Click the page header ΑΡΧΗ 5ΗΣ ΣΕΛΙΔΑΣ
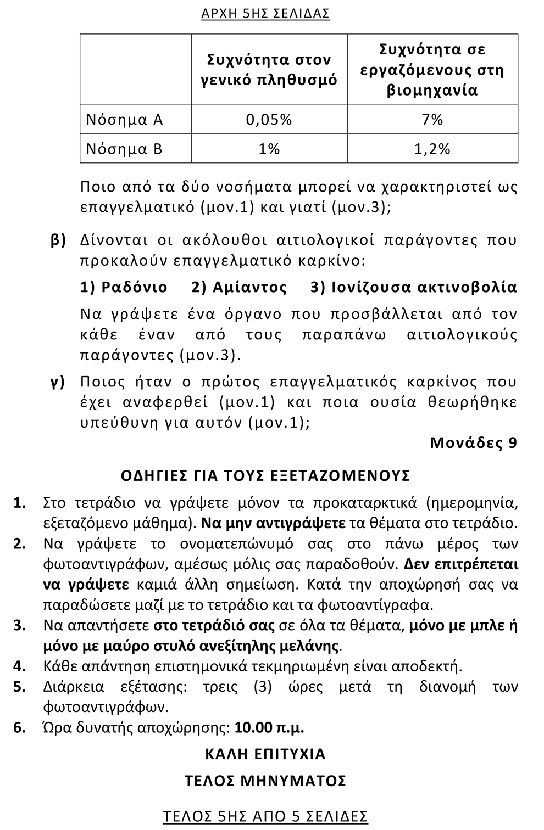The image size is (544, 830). click(265, 14)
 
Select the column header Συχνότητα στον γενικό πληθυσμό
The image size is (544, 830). click(269, 70)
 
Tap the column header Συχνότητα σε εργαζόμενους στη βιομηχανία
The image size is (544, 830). click(432, 70)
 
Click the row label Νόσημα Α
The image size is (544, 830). click(125, 120)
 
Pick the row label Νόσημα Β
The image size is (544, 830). click(125, 149)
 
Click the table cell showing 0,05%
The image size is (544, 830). click(269, 120)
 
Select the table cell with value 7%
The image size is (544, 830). click(432, 120)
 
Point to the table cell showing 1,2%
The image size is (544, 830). click(432, 149)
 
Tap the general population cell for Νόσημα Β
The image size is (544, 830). click(269, 149)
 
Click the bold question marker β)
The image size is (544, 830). click(58, 240)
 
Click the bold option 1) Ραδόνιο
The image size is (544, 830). click(124, 287)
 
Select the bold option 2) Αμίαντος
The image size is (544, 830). click(239, 287)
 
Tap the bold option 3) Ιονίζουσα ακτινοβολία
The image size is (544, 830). click(414, 287)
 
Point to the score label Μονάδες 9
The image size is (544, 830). click(473, 442)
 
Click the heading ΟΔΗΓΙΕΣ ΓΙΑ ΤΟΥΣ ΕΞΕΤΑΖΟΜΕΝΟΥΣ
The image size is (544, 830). click(265, 475)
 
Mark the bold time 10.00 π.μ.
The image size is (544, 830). click(269, 728)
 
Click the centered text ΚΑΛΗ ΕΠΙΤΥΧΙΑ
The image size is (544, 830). click(265, 754)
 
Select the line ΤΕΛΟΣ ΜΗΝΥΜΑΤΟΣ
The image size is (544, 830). click(265, 781)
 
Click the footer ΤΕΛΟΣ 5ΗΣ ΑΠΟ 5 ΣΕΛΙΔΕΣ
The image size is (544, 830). click(265, 816)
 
